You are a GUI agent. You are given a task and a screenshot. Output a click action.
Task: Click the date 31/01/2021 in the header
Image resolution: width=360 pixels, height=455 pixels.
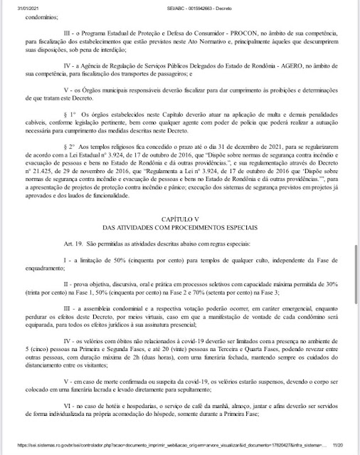click(16, 6)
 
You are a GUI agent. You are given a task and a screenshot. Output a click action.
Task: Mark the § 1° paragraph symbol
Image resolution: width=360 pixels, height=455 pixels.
click(68, 135)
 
